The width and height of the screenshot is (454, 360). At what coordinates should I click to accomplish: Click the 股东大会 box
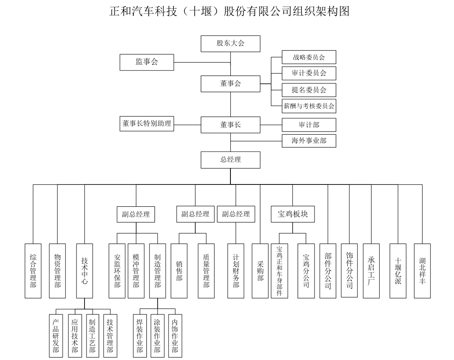click(230, 44)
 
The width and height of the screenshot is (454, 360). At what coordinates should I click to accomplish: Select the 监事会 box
click(147, 62)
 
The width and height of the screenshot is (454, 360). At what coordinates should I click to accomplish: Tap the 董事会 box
click(230, 84)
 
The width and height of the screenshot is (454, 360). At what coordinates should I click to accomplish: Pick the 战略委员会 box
click(309, 57)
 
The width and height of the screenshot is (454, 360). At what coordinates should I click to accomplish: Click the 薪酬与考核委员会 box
click(309, 106)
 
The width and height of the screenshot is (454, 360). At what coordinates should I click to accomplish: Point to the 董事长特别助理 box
click(147, 124)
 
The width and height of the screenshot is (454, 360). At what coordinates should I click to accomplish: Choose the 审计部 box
click(309, 125)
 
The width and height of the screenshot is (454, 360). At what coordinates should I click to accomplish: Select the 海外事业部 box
click(309, 141)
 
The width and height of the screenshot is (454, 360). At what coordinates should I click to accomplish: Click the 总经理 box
click(230, 160)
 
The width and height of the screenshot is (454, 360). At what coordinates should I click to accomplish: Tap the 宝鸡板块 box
click(292, 214)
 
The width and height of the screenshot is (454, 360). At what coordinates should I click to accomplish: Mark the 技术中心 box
click(84, 271)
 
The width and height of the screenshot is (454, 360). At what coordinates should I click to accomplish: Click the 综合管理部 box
click(33, 271)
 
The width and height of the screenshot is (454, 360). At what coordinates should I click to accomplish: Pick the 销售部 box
click(179, 271)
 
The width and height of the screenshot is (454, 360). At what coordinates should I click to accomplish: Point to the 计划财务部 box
click(236, 271)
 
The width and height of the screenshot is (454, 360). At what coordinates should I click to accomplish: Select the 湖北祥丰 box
click(422, 271)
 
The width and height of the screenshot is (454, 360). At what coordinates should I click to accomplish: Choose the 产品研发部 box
click(56, 335)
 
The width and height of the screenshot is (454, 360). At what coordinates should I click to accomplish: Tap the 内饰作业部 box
click(175, 335)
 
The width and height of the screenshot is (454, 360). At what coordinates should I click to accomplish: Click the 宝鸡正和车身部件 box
click(279, 271)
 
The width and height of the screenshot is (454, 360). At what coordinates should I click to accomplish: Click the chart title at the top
click(229, 11)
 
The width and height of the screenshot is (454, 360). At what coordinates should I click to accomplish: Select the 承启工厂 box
click(371, 271)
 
